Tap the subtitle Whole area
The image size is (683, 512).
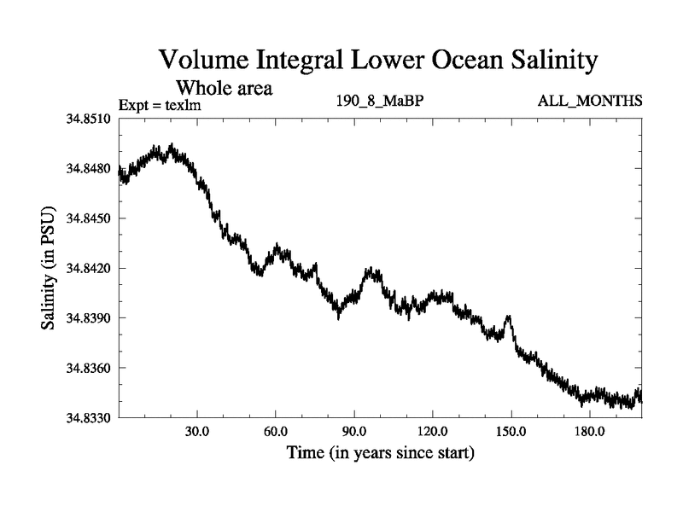tap(224, 88)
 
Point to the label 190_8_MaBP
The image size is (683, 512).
tap(381, 102)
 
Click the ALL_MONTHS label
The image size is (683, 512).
tap(590, 102)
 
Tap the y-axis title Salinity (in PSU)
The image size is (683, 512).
tap(50, 268)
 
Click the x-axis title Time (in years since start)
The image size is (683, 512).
tap(381, 452)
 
